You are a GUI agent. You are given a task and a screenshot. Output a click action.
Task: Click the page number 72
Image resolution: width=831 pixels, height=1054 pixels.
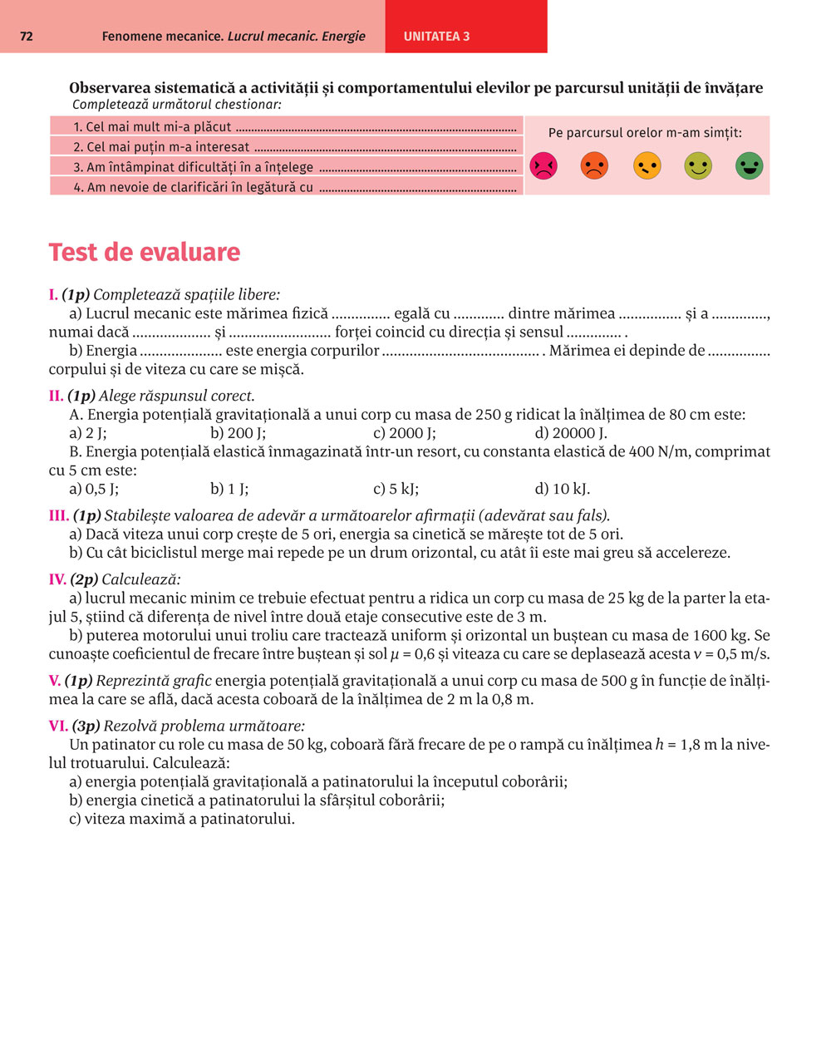coord(26,37)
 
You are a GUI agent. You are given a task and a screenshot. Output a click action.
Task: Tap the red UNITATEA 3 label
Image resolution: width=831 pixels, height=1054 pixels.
coord(436,37)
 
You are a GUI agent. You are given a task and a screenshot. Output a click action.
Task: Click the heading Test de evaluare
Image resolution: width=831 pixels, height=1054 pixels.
coord(144,252)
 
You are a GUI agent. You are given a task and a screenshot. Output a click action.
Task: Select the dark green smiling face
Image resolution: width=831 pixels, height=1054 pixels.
coord(749,166)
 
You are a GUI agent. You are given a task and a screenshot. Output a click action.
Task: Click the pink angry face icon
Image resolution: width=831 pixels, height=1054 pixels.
coord(543,166)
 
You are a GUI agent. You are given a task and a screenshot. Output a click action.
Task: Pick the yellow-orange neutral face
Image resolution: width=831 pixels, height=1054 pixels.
coord(647,166)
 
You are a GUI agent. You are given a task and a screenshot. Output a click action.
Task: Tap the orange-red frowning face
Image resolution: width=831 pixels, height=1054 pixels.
coord(594,166)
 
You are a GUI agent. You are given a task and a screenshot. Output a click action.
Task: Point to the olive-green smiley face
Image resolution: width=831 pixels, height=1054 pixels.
coord(698,166)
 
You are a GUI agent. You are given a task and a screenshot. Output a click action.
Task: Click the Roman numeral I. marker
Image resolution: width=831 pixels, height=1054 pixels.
coord(53,295)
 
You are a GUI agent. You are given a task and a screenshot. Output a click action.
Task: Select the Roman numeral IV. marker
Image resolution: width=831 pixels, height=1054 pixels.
coord(57,580)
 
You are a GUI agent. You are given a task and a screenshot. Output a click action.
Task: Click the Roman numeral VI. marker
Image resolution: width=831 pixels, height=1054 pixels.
coord(58,726)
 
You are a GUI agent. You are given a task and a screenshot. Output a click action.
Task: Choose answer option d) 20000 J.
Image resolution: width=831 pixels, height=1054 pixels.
coord(571,433)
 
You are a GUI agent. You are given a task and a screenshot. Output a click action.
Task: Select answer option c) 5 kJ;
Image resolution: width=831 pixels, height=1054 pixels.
coord(396,489)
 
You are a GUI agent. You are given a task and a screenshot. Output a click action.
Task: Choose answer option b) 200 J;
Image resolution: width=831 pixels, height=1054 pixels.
coord(238,433)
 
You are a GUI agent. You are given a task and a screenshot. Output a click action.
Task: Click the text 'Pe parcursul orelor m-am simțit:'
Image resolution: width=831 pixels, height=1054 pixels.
coord(645,133)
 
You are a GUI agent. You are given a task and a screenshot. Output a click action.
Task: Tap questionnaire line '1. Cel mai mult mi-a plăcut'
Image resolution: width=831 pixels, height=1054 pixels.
coord(152,127)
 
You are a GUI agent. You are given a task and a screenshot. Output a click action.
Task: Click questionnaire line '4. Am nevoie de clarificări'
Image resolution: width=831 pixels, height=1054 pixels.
coord(193,188)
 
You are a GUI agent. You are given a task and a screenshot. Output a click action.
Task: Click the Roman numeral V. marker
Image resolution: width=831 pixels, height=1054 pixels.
coord(55,681)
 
